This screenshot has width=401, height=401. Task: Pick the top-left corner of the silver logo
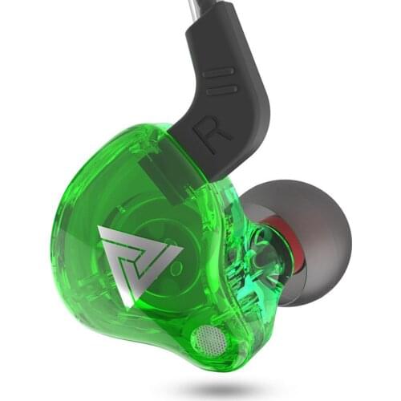point(101,229)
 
